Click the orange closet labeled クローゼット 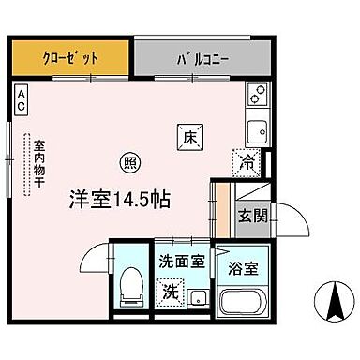(69, 59)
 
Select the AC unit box (21, 101)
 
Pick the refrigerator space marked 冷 (246, 161)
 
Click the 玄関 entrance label (252, 215)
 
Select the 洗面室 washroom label (180, 262)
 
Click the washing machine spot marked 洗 (171, 291)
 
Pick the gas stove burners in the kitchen (255, 94)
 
